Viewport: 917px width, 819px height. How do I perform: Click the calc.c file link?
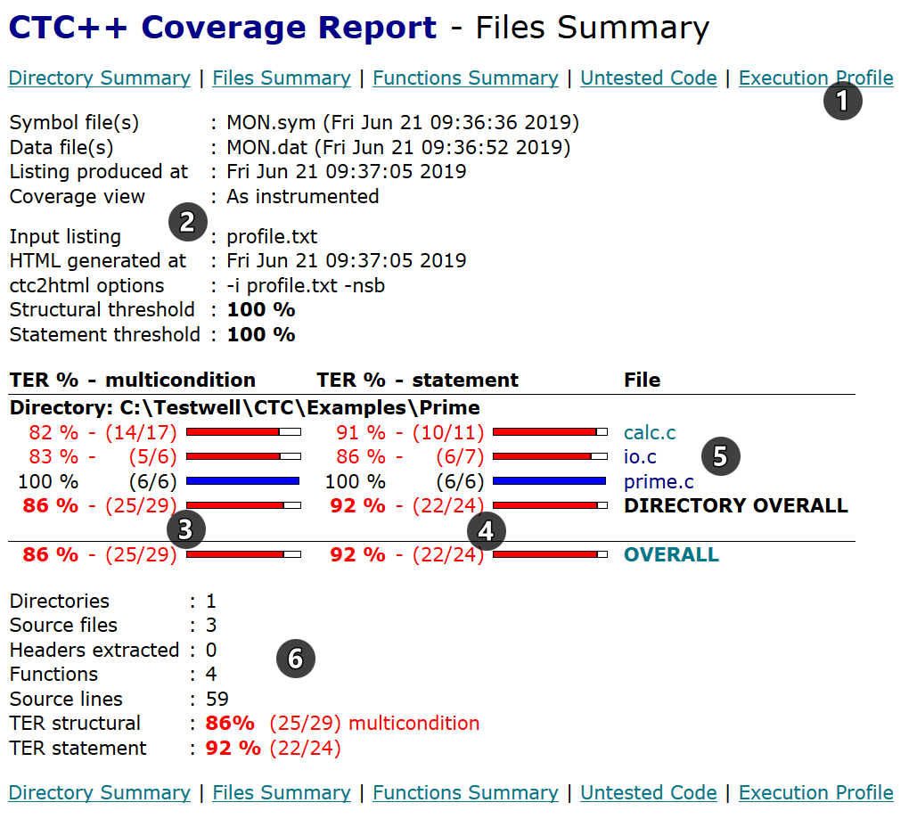(x=650, y=433)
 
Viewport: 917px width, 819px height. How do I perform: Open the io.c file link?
(x=640, y=457)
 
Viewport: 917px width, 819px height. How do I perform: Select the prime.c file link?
(x=659, y=482)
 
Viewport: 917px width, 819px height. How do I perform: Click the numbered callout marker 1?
(x=842, y=101)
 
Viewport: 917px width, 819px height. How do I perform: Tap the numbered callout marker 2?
(x=187, y=221)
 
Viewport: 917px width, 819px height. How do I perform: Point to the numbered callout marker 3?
(x=184, y=529)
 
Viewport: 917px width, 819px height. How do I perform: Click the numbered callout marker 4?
(x=485, y=531)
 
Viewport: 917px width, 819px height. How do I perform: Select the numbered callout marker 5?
(x=720, y=456)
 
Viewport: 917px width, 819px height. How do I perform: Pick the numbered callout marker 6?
(x=295, y=659)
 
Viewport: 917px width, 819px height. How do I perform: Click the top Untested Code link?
(x=648, y=78)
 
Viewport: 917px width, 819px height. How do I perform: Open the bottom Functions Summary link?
(x=465, y=792)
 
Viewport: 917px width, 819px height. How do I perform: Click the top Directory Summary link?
(x=99, y=78)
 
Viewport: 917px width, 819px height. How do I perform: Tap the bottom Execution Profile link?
(x=815, y=792)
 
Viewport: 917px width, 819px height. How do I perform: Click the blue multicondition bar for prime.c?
(x=242, y=482)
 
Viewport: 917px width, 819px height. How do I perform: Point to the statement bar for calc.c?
(x=549, y=432)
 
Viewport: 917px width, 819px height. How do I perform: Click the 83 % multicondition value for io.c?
(x=53, y=457)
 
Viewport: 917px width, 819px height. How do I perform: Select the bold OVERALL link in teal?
(x=671, y=554)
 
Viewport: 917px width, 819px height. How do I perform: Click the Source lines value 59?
(x=217, y=699)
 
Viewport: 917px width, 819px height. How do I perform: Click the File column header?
(x=642, y=380)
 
